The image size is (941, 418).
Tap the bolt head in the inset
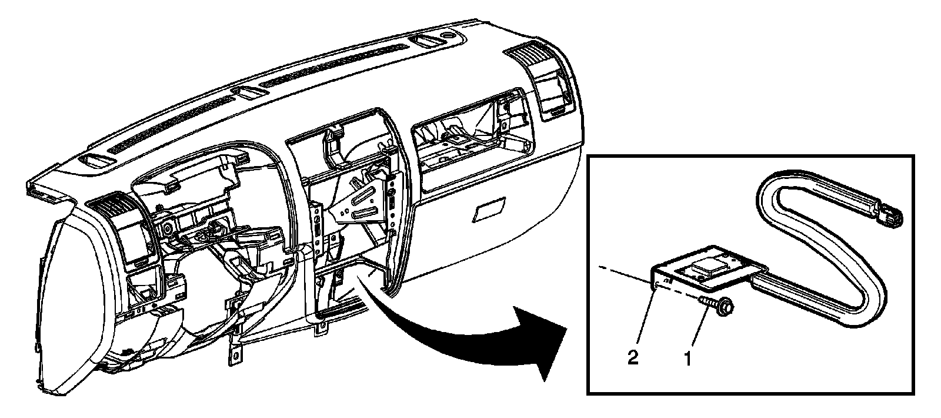[x=725, y=306]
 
